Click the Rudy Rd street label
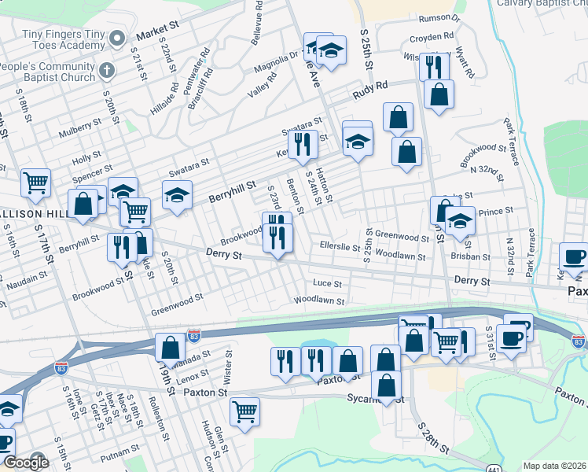[370, 90]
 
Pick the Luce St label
[327, 283]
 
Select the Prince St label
[496, 211]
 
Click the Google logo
[26, 463]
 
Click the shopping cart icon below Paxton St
[244, 411]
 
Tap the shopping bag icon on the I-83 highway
[170, 347]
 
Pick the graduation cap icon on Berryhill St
[178, 194]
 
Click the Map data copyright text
[555, 466]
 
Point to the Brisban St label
[471, 256]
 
